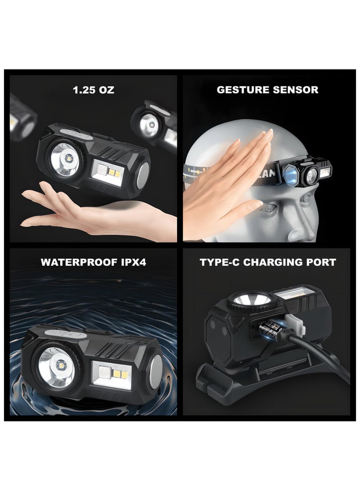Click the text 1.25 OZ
94,90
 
